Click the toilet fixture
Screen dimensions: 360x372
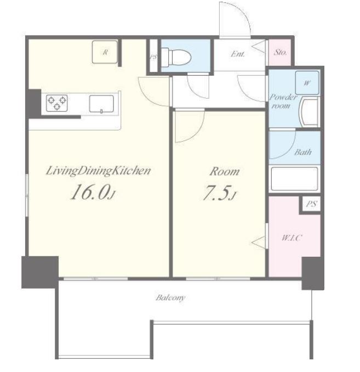pyautogui.click(x=176, y=57)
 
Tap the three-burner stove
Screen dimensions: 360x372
pyautogui.click(x=57, y=103)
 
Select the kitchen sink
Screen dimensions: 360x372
pyautogui.click(x=101, y=104)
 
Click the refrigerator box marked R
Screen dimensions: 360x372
pyautogui.click(x=105, y=52)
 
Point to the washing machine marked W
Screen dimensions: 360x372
pyautogui.click(x=307, y=83)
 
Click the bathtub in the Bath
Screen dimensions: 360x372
pyautogui.click(x=294, y=179)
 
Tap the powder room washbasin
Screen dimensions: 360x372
pyautogui.click(x=309, y=112)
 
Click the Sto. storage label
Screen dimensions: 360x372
pyautogui.click(x=280, y=53)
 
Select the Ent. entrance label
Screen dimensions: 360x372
pyautogui.click(x=237, y=54)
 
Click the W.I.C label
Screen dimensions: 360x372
pyautogui.click(x=292, y=238)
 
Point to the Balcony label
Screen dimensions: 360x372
pyautogui.click(x=170, y=298)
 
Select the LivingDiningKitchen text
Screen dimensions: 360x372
pyautogui.click(x=98, y=171)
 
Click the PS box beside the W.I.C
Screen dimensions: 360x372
pyautogui.click(x=311, y=204)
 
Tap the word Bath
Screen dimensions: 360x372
pyautogui.click(x=303, y=152)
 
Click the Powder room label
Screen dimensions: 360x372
pyautogui.click(x=283, y=102)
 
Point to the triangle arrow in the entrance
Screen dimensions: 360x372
pyautogui.click(x=258, y=47)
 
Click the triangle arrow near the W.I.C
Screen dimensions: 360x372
pyautogui.click(x=258, y=243)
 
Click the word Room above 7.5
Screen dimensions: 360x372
pyautogui.click(x=225, y=171)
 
